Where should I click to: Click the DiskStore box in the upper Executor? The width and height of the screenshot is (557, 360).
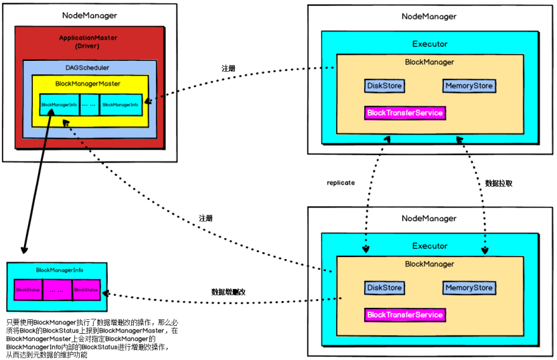385,86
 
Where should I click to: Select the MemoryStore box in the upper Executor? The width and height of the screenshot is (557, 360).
469,86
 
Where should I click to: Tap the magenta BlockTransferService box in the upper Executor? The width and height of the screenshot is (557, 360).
405,113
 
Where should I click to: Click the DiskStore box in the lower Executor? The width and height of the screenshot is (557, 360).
385,288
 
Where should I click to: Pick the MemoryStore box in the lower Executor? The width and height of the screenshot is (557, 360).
469,288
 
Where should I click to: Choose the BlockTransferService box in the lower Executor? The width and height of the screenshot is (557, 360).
405,314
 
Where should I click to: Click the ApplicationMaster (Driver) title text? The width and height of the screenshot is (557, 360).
88,42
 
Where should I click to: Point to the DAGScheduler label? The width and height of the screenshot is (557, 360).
88,68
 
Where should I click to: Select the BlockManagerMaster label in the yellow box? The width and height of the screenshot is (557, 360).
88,84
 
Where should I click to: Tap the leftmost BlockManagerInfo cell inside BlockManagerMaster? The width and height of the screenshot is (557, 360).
59,104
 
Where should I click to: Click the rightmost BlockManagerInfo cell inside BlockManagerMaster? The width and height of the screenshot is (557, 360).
121,104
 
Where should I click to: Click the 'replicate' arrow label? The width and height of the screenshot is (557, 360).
341,183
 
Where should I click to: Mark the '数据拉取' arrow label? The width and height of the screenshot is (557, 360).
499,183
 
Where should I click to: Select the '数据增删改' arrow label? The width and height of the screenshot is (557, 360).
230,292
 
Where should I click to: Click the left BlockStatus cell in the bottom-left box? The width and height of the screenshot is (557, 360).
28,290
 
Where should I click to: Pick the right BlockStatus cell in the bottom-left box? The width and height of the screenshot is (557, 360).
86,290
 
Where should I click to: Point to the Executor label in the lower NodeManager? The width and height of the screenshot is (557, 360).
429,246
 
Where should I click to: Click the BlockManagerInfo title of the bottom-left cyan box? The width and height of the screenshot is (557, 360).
59,270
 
